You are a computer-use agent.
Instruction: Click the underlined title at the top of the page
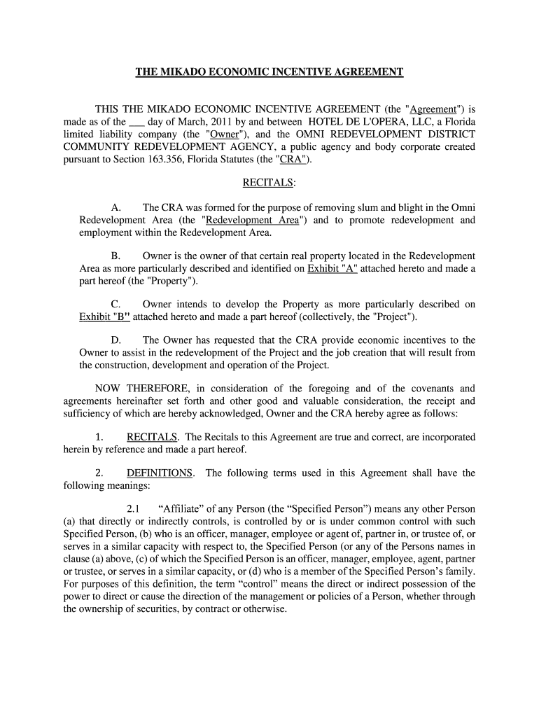tap(269, 72)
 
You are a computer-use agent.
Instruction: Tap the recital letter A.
tap(117, 208)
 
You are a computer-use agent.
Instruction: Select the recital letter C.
tap(117, 304)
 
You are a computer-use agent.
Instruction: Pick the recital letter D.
tap(117, 340)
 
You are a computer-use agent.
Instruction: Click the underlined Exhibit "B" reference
tap(104, 317)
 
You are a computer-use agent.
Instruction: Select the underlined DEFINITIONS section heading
tap(160, 473)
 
